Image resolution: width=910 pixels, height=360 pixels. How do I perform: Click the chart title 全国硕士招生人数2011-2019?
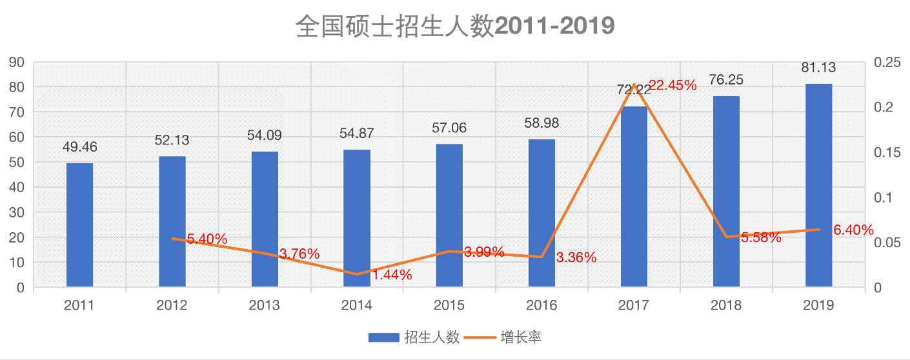tap(455, 26)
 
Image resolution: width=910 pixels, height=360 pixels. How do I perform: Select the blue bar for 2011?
tap(79, 225)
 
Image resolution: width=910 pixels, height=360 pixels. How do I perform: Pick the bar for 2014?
tap(356, 219)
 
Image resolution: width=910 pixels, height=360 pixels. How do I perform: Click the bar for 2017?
tap(634, 197)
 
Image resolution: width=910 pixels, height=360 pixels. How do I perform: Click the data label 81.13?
tap(818, 69)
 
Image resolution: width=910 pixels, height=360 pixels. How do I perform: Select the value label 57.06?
tap(449, 128)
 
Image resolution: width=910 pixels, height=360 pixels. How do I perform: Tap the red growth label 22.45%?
tap(672, 85)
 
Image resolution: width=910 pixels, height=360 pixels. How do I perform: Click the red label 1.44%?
tap(392, 275)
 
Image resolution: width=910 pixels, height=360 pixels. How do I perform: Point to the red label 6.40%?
tap(853, 230)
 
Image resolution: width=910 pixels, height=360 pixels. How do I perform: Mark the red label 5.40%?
tap(207, 239)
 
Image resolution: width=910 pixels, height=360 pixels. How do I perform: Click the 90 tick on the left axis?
tap(16, 63)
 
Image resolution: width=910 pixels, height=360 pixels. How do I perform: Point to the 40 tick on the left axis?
tap(16, 188)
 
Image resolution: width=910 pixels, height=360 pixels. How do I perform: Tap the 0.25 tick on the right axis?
tap(886, 63)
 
